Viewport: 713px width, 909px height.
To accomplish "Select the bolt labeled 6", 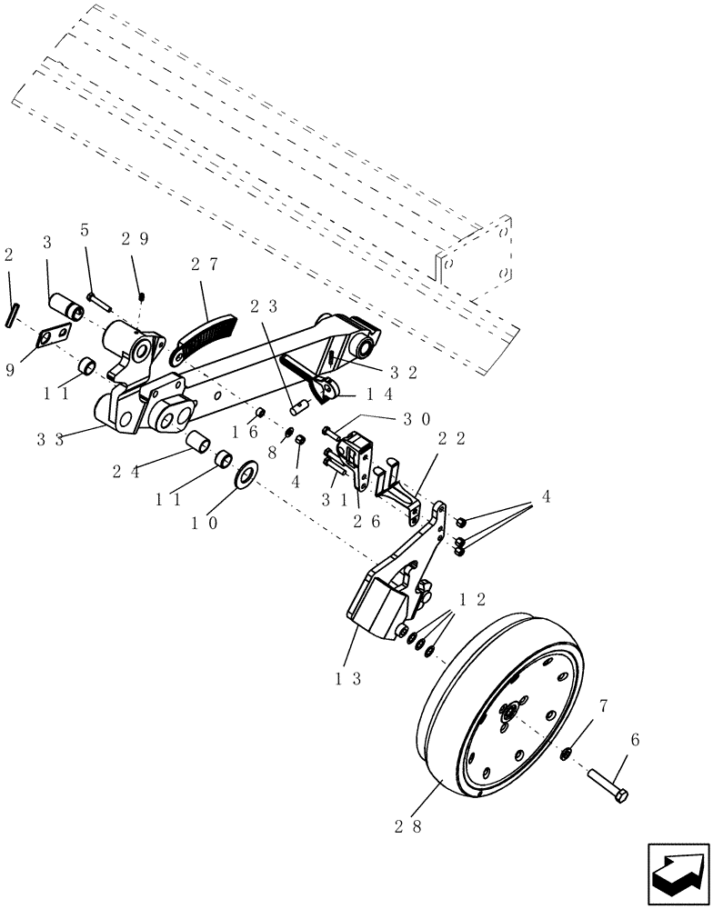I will click(606, 780).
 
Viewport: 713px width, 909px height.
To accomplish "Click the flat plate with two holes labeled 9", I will click(53, 337).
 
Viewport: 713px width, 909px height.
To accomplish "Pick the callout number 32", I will click(405, 371).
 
